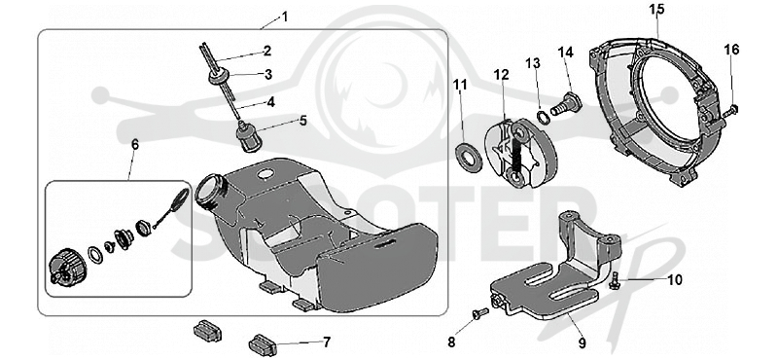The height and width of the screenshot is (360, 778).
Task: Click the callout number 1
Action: click(x=284, y=17)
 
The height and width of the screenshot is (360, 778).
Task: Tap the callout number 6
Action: click(x=135, y=144)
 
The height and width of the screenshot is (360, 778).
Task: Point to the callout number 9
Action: click(x=582, y=343)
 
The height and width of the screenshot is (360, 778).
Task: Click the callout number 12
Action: click(x=501, y=75)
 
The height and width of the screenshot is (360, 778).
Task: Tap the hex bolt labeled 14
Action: click(x=566, y=104)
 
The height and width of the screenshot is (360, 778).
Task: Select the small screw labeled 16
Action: click(x=728, y=111)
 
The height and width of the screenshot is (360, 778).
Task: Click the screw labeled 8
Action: click(x=479, y=313)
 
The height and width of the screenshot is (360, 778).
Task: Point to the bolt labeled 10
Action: click(x=614, y=280)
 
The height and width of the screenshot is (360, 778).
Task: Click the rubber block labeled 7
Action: click(x=263, y=345)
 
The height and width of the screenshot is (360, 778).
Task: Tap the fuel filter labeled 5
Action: click(x=244, y=134)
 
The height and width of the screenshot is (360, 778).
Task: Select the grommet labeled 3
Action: click(x=217, y=77)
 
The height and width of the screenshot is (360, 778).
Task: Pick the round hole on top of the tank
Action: click(x=265, y=174)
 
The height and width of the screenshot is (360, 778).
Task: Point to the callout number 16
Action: click(x=731, y=50)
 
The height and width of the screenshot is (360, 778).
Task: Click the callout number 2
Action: click(x=267, y=51)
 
